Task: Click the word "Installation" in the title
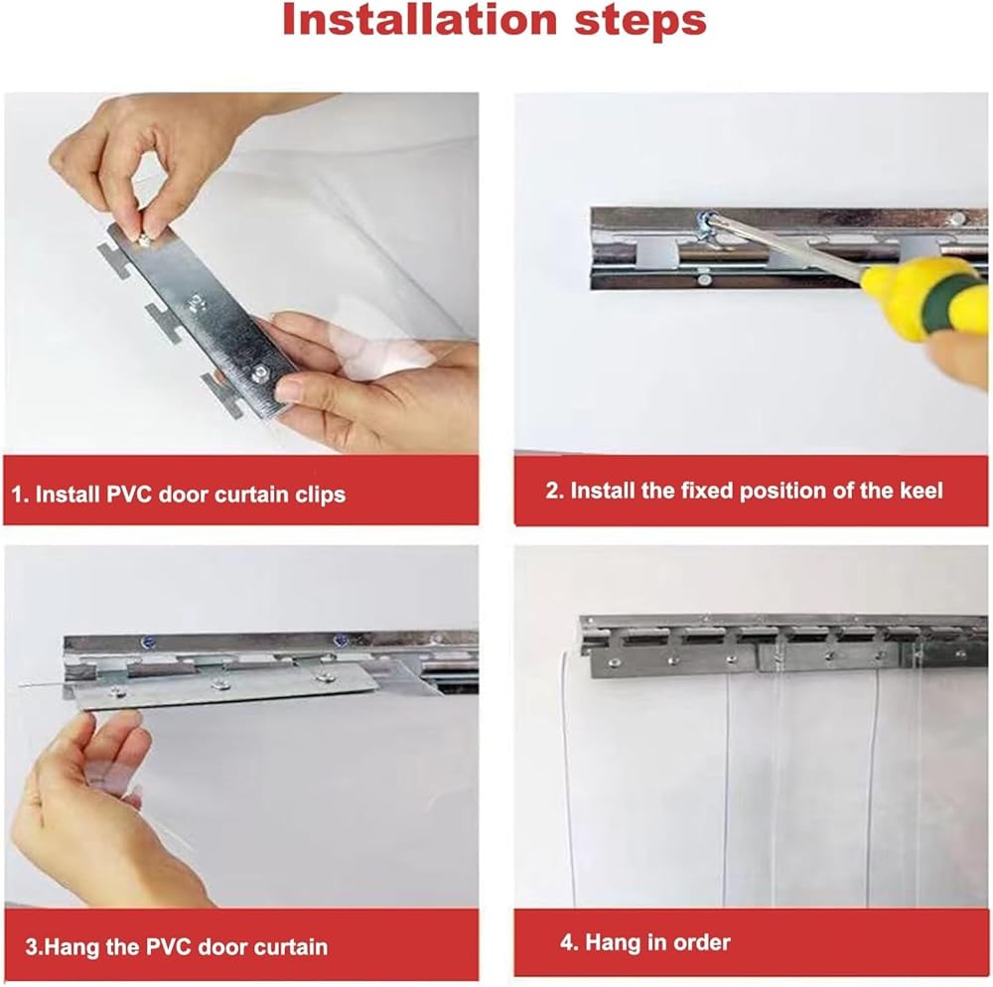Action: coord(420,20)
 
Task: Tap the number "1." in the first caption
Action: coord(20,494)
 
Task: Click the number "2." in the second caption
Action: coord(555,491)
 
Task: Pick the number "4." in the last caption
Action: coord(570,942)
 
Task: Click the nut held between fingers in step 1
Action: coord(144,238)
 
